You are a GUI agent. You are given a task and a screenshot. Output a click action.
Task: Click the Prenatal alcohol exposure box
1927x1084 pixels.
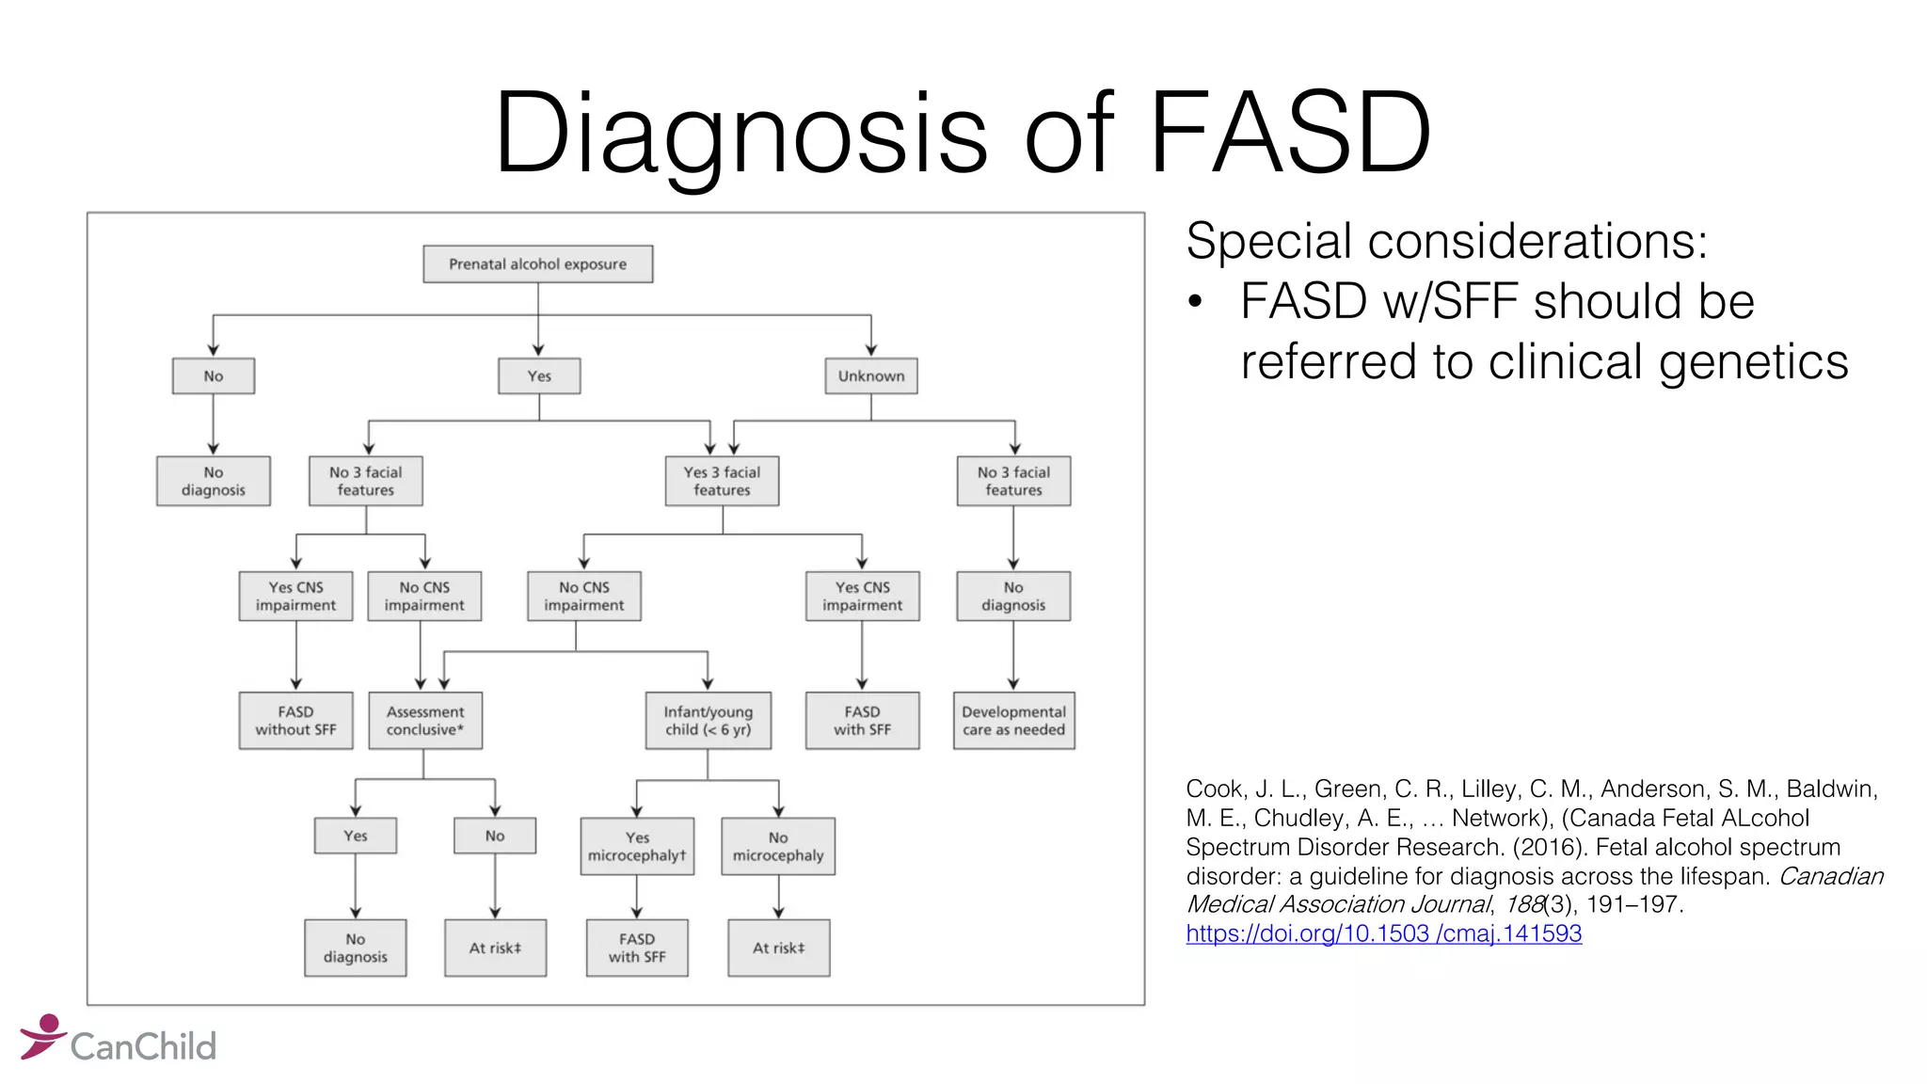coord(537,264)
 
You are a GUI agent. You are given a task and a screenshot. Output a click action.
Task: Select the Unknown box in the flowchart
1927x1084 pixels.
coord(870,375)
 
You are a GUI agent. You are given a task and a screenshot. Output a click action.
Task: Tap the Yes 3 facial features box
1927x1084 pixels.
coord(722,481)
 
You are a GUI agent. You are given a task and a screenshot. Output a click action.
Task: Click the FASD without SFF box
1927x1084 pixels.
coord(295,721)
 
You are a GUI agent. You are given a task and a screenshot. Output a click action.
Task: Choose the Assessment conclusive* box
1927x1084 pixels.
coord(424,721)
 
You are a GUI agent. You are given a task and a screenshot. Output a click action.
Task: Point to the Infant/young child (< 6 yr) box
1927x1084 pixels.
coord(708,721)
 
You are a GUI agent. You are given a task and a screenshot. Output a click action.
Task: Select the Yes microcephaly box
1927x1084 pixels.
coord(637,846)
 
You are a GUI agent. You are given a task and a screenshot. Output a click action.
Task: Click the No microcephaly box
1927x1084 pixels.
coord(777,846)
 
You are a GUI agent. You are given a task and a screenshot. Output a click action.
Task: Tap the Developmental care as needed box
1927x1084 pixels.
coord(1013,721)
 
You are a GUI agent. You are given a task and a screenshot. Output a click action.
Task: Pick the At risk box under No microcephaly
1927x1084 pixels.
coord(778,948)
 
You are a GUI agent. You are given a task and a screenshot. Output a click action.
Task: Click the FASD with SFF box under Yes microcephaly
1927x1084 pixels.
coord(637,948)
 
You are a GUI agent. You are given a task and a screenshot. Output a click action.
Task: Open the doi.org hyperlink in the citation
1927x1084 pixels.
coord(1383,933)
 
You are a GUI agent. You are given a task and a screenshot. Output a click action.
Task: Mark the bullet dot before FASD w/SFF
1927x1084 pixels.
coord(1195,302)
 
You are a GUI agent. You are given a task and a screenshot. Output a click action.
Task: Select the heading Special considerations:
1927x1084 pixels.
coord(1446,241)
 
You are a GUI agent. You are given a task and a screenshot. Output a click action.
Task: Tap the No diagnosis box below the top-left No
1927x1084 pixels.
coord(214,481)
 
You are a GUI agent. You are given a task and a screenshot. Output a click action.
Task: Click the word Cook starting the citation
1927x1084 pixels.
coord(1213,789)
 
